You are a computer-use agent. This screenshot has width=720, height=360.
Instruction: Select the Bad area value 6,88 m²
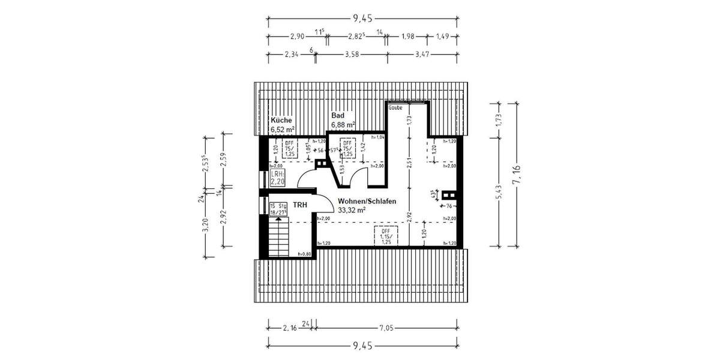pos(343,124)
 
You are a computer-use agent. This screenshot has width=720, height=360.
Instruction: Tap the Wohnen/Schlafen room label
pos(367,201)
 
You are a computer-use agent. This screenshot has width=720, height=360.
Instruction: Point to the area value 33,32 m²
pos(352,210)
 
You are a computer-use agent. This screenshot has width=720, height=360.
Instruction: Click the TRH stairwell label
pos(300,205)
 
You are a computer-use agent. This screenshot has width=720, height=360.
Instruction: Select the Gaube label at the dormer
pos(395,108)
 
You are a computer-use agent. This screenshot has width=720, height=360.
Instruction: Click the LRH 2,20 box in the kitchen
pos(277,177)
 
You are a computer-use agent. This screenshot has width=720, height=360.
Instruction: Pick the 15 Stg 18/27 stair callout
pos(278,208)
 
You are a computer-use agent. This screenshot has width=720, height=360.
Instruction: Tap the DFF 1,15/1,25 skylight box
pos(385,237)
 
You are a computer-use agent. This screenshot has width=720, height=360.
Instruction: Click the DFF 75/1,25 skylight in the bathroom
pos(347,147)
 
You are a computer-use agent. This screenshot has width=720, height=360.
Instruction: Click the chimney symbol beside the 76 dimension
pos(449,195)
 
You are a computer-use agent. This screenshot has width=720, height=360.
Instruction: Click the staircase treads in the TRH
pos(278,237)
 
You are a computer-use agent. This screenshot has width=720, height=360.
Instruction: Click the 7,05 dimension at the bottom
pos(386,328)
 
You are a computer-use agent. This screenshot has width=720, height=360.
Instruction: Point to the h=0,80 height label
pos(305,254)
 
